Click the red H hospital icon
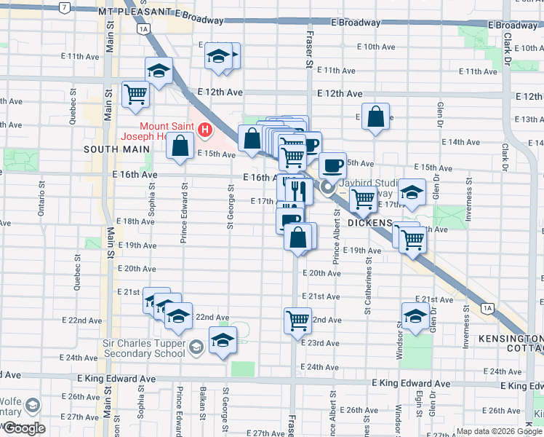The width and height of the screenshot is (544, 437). (x=206, y=130)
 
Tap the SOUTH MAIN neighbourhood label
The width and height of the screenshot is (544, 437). (x=111, y=149)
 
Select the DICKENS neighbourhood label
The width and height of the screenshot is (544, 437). (x=369, y=221)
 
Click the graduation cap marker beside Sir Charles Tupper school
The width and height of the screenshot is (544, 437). (x=223, y=340)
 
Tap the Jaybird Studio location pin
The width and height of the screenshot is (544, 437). (x=328, y=189)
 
